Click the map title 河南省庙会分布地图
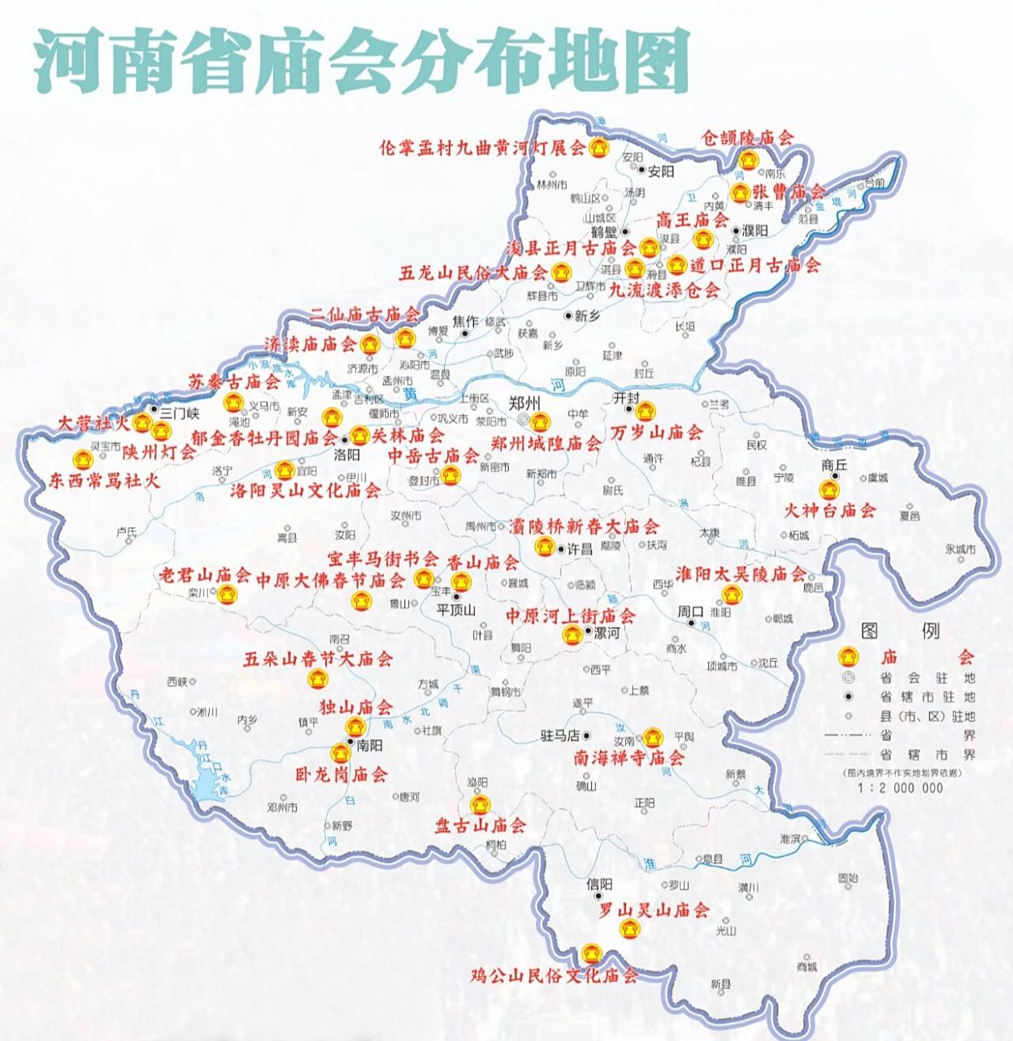[x=361, y=61]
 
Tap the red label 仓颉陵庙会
[x=748, y=138]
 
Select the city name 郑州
[x=524, y=403]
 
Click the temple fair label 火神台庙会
[x=829, y=511]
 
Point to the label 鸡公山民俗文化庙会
[x=554, y=974]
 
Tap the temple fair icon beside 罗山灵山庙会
[x=627, y=928]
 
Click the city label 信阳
[x=599, y=884]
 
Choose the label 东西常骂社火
[x=104, y=481]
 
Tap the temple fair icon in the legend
[x=849, y=656]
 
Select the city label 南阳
[x=369, y=745]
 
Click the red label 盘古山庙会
[x=480, y=825]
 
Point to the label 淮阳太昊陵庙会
[x=741, y=574]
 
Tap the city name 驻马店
[x=559, y=735]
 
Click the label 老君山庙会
[x=204, y=576]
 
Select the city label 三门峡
[x=179, y=412]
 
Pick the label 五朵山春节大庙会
[x=318, y=659]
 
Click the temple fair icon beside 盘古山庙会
[x=480, y=805]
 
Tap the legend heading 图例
[x=900, y=630]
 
